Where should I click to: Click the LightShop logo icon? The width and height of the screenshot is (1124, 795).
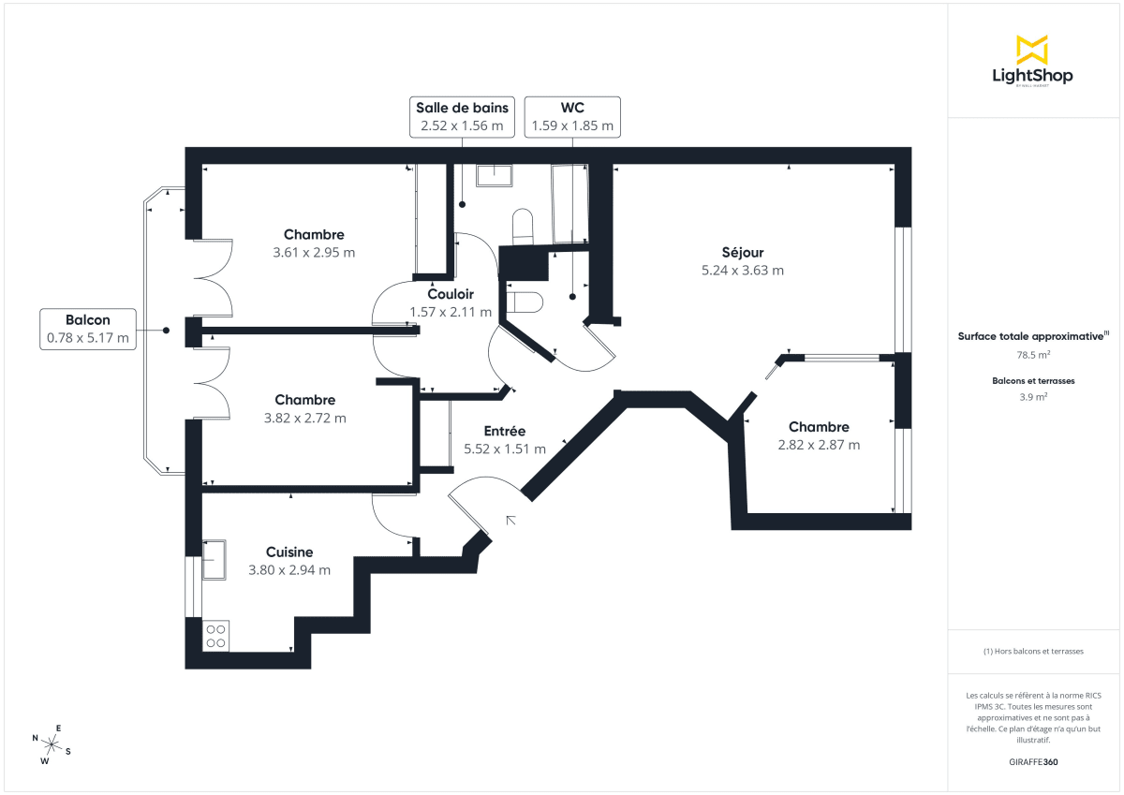pos(1032,50)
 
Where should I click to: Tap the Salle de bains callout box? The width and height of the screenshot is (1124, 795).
pos(462,116)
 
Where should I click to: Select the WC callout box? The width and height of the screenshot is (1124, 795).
pos(572,116)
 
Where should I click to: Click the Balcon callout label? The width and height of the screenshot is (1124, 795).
pos(88,329)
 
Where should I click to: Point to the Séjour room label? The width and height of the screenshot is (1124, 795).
pos(743,253)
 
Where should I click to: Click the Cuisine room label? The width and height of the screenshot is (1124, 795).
pos(289,552)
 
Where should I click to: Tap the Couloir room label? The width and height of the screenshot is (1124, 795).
pos(451,294)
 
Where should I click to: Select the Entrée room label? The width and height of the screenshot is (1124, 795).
pos(504,432)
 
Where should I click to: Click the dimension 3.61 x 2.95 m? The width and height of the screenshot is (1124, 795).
pos(314,253)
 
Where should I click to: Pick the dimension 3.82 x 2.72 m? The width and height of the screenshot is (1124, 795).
pos(304,418)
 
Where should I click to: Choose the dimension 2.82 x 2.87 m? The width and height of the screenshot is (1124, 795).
pos(819,445)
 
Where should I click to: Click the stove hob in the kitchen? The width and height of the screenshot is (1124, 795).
pos(215,636)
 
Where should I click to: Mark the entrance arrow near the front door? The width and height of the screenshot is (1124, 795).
pos(511,519)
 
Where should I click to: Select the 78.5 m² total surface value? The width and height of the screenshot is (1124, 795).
pos(1032,356)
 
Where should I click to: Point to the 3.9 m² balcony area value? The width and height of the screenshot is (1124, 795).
pos(1033,397)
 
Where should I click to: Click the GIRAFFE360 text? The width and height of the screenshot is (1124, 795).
pos(1032,762)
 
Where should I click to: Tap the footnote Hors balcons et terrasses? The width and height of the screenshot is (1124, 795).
pos(1033,651)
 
